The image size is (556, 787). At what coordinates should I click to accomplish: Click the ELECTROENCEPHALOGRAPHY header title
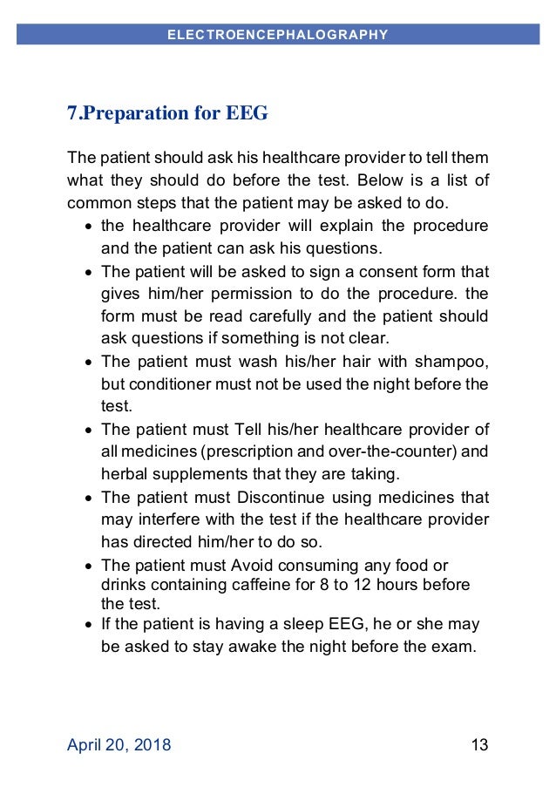coord(277,35)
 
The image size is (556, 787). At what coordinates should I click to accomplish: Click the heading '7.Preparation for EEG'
coord(167,113)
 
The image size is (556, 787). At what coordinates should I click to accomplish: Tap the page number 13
coord(478,744)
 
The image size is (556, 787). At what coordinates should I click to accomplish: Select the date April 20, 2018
coord(119,744)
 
